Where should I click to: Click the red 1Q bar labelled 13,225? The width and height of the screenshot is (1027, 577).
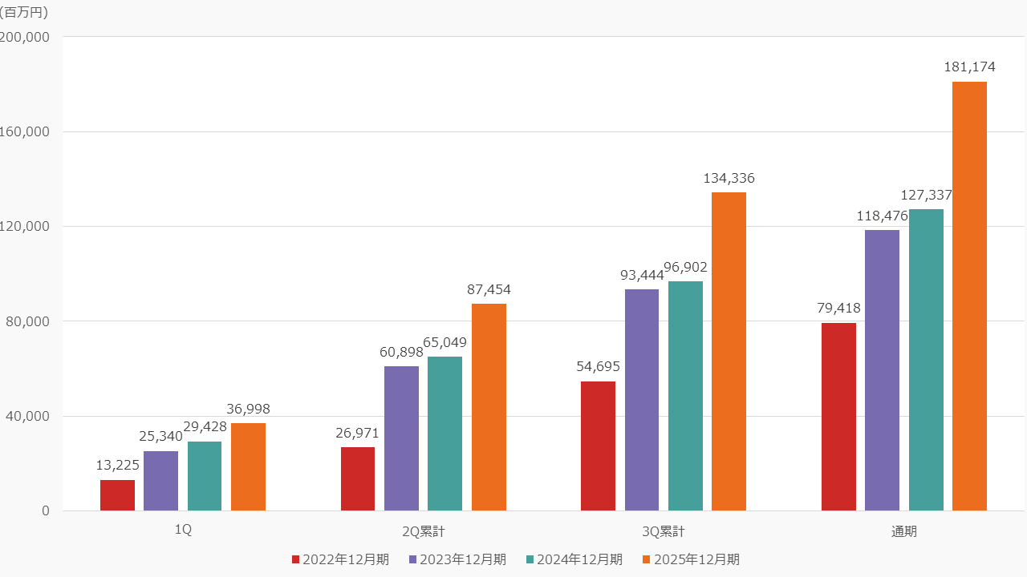pos(117,495)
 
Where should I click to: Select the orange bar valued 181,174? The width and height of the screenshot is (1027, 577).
pos(969,297)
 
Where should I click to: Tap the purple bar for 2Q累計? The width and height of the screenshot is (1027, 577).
pos(401,438)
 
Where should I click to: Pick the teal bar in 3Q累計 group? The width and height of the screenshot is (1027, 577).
pos(685,396)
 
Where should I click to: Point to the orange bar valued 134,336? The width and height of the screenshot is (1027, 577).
pos(729,351)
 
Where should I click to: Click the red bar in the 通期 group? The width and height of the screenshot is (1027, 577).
pos(838,417)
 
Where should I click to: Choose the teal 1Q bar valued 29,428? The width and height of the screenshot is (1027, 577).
pos(205,476)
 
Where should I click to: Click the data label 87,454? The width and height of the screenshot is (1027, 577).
pos(489,290)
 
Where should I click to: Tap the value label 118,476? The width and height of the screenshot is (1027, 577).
pos(882,216)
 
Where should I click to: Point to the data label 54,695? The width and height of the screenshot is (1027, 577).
pos(598,367)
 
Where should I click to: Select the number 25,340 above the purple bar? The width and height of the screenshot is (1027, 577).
pos(160,437)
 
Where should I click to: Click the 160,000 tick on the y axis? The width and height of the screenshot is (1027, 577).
pos(25,131)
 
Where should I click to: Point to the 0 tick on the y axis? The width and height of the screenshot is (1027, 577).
pos(45,510)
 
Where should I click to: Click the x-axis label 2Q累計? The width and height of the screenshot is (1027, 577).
pos(423,531)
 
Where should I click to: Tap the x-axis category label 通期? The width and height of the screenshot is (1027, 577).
pos(903,531)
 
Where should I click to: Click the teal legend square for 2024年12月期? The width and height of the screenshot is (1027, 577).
pos(530,559)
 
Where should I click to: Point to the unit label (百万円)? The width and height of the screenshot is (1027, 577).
pos(24,12)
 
